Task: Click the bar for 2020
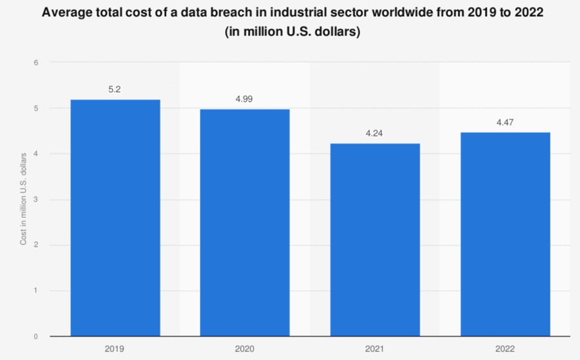[x=245, y=222]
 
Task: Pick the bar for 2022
[x=505, y=234]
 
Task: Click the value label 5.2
[x=115, y=90]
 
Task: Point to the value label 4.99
[x=245, y=99]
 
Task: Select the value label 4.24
[x=375, y=134]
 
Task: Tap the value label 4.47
[x=505, y=122]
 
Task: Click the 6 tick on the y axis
[x=37, y=62]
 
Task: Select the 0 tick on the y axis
[x=37, y=336]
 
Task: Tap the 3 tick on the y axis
[x=37, y=200]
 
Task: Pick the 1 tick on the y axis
[x=37, y=290]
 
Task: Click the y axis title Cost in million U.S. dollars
[x=24, y=198]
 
